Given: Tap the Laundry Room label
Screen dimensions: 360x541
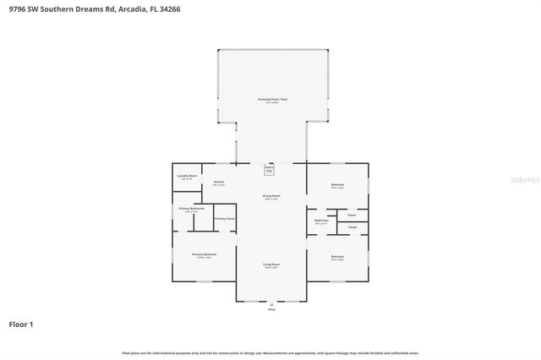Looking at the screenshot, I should pos(187,177).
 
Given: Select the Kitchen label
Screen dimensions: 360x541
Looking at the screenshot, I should pos(219,182).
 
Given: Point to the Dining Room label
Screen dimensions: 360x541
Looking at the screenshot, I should pos(270,196).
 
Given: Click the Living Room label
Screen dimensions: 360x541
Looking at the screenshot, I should pos(270,265).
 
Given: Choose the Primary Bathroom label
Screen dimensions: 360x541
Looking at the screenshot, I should pos(191,208).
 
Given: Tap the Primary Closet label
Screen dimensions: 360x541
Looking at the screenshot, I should pos(224,218).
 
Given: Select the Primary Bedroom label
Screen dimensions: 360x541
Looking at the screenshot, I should pos(203,254).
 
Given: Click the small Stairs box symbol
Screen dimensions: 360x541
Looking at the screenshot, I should pos(270,169).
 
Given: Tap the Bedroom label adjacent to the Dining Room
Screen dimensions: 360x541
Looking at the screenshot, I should pos(337,185).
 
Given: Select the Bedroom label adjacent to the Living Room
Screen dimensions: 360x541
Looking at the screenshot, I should pos(337,256).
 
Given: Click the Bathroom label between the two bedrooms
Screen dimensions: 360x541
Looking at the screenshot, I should pos(321,221).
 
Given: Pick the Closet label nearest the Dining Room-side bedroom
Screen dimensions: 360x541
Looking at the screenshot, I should pos(352,215).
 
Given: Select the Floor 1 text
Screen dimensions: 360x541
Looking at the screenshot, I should pos(21,324).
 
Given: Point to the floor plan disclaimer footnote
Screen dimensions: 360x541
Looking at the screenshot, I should pos(270,352).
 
